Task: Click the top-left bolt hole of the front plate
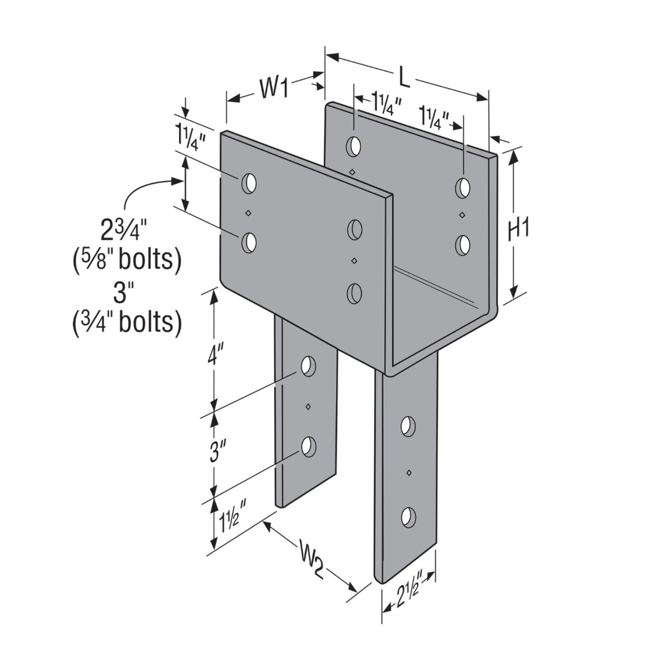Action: coord(249,184)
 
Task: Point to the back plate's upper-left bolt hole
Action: coord(354,146)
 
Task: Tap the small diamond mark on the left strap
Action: coord(308,407)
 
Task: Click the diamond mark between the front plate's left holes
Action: coord(249,213)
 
